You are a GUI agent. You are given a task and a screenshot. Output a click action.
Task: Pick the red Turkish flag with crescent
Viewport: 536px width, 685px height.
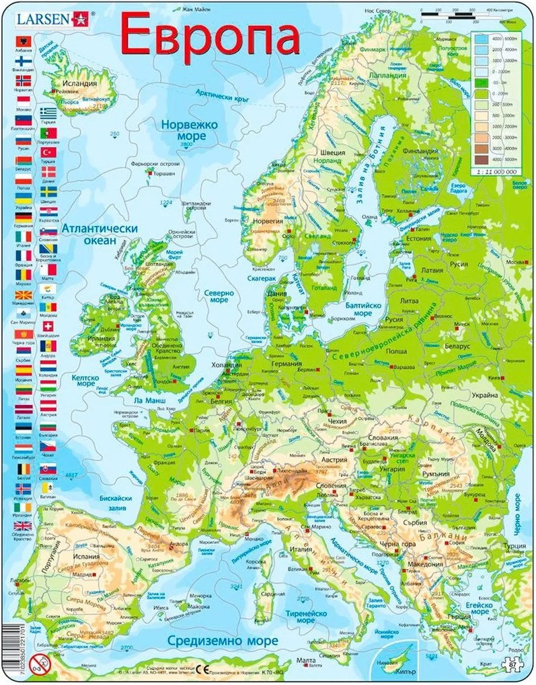click(48, 152)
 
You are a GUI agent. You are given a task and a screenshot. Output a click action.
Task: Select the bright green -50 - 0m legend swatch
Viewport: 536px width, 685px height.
click(481, 83)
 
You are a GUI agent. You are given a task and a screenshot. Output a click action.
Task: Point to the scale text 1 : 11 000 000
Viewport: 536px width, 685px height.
click(496, 172)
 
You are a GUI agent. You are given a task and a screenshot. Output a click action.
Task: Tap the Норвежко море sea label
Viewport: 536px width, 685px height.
click(183, 130)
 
